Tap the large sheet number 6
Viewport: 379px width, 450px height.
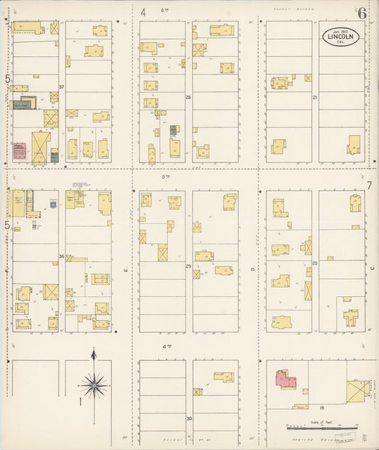(362, 13)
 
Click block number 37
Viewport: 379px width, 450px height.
(62, 88)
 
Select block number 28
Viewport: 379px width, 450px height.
(188, 97)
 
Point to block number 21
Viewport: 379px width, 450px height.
(314, 97)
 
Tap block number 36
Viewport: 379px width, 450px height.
(62, 256)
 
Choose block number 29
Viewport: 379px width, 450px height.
(188, 266)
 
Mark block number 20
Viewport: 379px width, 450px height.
(314, 263)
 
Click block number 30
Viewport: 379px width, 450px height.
(188, 419)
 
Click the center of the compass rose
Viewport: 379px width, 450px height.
(93, 385)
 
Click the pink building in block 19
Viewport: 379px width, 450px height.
(286, 379)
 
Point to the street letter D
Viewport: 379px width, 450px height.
(252, 270)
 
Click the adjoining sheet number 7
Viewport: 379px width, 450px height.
(369, 187)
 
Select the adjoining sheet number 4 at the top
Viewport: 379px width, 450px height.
(143, 11)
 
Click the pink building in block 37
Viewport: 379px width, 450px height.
(19, 150)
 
